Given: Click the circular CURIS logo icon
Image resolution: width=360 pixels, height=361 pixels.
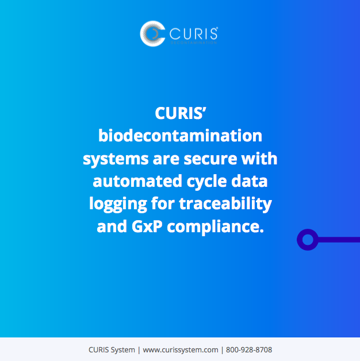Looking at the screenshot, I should pyautogui.click(x=152, y=34).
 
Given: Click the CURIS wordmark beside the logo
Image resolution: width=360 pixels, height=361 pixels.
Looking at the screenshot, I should pyautogui.click(x=193, y=33).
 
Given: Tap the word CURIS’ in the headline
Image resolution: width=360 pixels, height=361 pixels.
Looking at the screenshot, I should pyautogui.click(x=180, y=112).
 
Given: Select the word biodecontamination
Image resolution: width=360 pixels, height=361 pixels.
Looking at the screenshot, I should pyautogui.click(x=180, y=136).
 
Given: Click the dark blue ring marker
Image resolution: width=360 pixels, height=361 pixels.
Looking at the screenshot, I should pyautogui.click(x=307, y=239).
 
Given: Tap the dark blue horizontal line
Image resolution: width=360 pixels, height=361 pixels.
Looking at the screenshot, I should pyautogui.click(x=339, y=239).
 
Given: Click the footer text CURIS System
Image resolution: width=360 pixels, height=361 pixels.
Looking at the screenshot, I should pyautogui.click(x=112, y=350).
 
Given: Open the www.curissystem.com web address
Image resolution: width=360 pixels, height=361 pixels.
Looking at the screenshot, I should pyautogui.click(x=180, y=350).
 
